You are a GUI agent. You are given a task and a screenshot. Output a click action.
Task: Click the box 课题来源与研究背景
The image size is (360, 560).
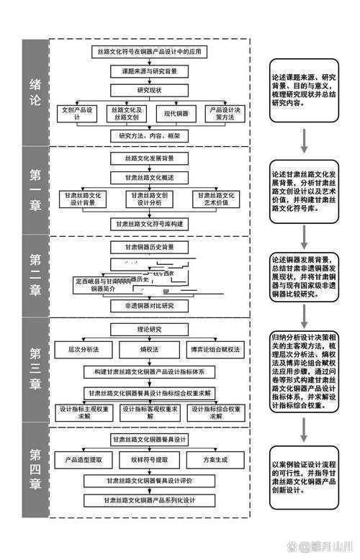(x=149, y=71)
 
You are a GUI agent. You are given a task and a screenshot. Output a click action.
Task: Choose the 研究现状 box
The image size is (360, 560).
(x=149, y=91)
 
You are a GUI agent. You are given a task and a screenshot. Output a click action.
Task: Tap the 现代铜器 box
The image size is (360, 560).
(x=175, y=114)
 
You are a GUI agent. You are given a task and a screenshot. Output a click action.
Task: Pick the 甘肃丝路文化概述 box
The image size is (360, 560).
(x=149, y=176)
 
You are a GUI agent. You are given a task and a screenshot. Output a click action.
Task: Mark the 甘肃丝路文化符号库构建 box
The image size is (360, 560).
(x=149, y=224)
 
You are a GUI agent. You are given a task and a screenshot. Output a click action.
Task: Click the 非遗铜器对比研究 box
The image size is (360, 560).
(x=149, y=305)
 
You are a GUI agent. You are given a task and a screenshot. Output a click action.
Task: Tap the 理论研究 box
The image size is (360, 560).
(x=149, y=329)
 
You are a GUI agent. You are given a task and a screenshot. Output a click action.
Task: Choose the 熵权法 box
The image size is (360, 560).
(x=149, y=348)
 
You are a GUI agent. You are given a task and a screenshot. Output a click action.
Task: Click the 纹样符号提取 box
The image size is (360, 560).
(x=149, y=459)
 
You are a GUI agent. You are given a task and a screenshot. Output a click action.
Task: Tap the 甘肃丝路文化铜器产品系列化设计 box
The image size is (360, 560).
(x=149, y=498)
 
